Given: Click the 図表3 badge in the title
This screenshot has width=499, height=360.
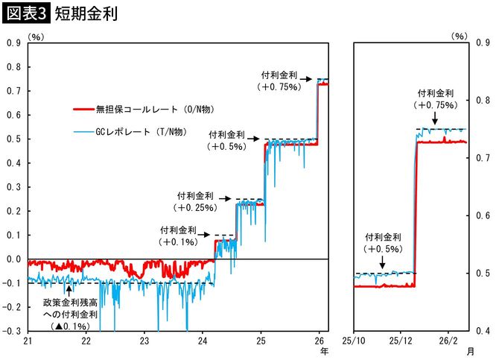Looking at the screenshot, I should [x=25, y=14].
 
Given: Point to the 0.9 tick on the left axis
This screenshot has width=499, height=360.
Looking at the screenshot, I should [x=13, y=43].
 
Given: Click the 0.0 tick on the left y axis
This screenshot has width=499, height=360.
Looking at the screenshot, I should [x=13, y=259].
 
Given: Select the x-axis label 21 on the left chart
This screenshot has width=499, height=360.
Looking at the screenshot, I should [x=28, y=341].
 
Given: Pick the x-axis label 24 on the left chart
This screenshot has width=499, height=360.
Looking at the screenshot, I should [x=203, y=341].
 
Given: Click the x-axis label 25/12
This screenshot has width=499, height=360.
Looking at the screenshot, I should [x=401, y=341].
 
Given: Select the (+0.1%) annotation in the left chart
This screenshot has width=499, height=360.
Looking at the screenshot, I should [x=178, y=242].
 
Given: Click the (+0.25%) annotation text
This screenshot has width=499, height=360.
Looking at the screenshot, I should [x=194, y=206].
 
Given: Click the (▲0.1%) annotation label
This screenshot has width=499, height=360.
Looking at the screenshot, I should [x=70, y=326].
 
